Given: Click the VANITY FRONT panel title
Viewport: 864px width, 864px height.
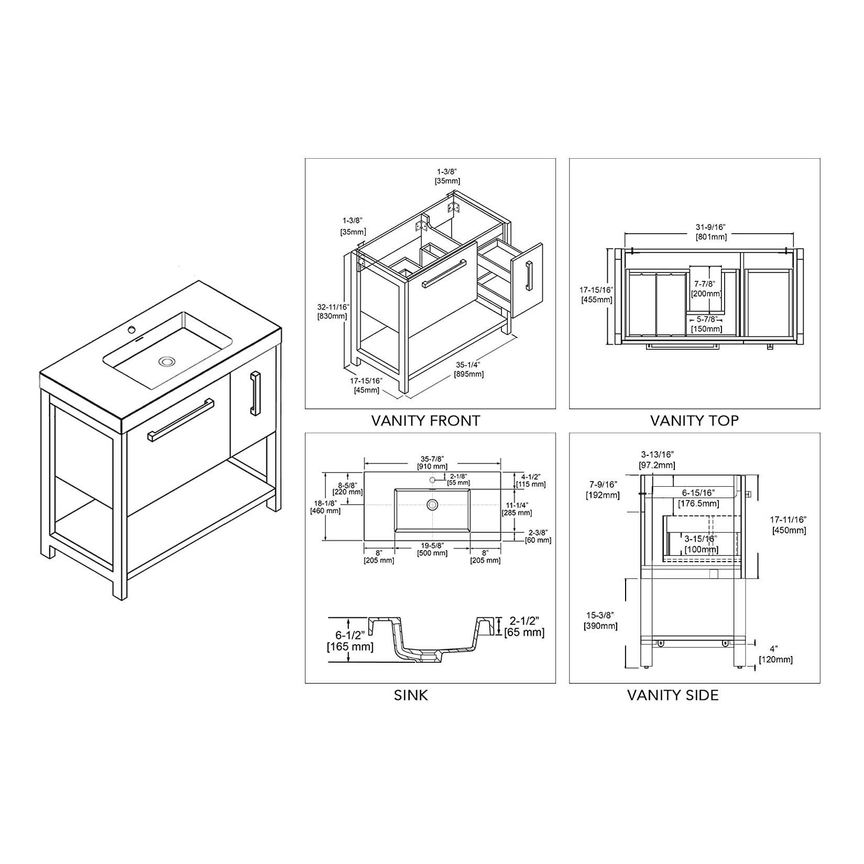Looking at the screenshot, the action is [x=425, y=420].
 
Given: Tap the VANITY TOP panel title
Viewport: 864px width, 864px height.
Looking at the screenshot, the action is [x=694, y=420].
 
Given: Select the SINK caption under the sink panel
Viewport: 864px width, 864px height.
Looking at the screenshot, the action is [x=411, y=695].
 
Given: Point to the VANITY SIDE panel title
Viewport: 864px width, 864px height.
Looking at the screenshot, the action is [x=673, y=695].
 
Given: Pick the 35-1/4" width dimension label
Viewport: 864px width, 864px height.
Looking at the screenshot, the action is [x=468, y=365].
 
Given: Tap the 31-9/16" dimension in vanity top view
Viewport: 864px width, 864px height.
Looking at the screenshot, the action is [x=711, y=227].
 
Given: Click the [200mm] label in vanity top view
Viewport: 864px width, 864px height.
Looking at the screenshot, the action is [x=706, y=293].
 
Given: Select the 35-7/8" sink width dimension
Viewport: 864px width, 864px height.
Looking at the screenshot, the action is [x=432, y=457].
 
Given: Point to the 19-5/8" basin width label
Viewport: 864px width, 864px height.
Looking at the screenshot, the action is [x=432, y=545].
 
